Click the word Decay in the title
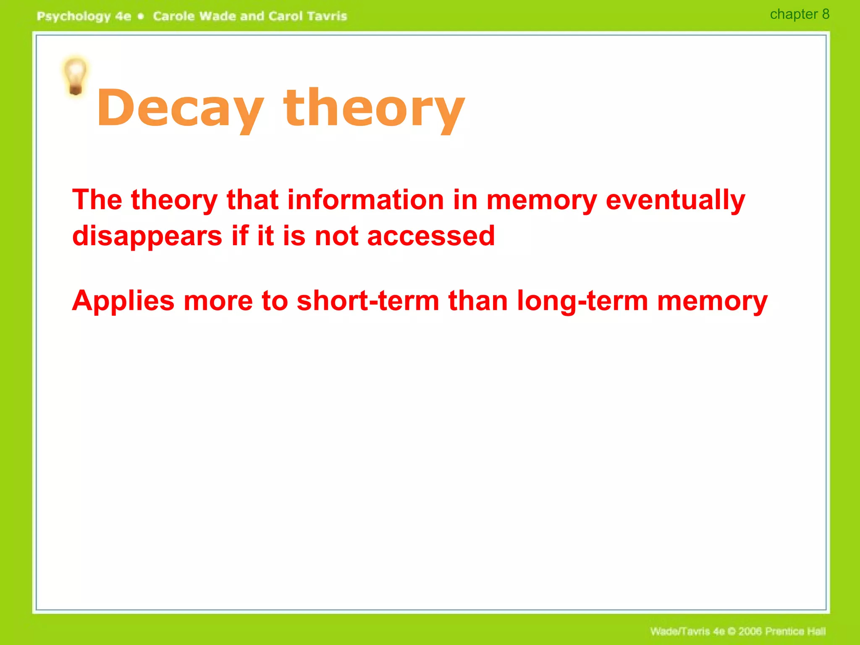tap(181, 108)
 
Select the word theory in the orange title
tap(374, 108)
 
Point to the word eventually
tap(675, 200)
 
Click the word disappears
tap(147, 236)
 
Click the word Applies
tap(123, 302)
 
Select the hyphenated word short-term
tap(368, 301)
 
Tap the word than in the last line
tap(478, 301)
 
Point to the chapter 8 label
tap(799, 14)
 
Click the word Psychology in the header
tap(73, 16)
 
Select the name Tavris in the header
tap(327, 16)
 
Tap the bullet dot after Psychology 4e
tap(141, 16)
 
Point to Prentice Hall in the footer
tap(795, 631)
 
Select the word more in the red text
tap(218, 301)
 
